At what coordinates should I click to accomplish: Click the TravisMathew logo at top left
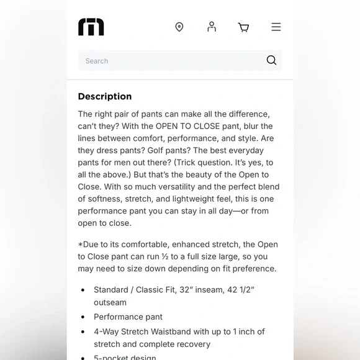coord(91,27)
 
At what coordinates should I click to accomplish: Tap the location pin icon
coord(179,27)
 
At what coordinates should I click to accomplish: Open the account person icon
coord(212,27)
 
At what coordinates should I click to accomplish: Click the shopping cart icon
coord(243,27)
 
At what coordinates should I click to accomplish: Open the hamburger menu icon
coord(276,27)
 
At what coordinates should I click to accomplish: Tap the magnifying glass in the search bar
coord(271,60)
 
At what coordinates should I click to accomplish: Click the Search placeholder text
coord(97,61)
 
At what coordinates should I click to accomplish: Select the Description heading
coord(105,96)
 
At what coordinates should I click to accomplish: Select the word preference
coord(254,269)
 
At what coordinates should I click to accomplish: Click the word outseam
coord(110,302)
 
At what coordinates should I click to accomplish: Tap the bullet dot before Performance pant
coord(83,317)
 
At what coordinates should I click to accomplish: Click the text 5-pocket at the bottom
coord(112,358)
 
